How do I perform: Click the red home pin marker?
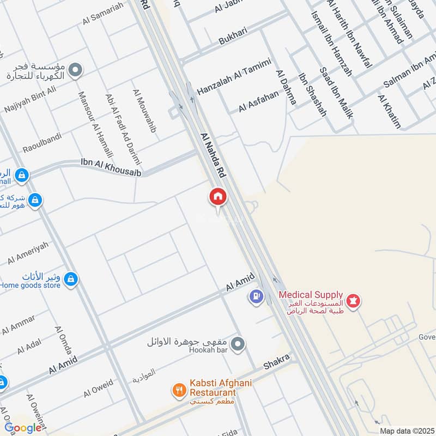[218, 197]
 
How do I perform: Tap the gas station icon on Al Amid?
[256, 297]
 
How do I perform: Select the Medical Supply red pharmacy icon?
[353, 300]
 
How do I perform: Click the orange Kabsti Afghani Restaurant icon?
[178, 389]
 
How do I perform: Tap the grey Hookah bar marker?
[237, 344]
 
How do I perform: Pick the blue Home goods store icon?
[70, 280]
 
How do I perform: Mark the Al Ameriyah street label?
[28, 253]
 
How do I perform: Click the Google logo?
[23, 428]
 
